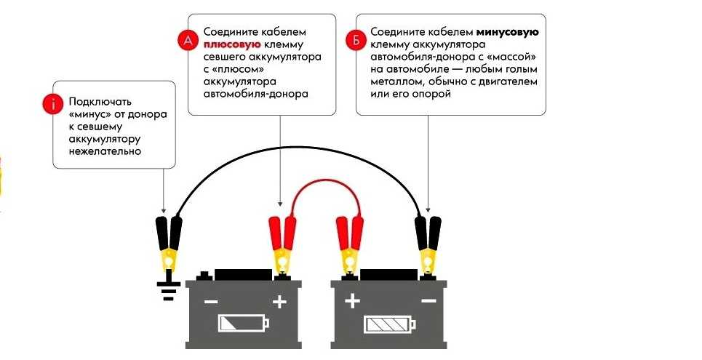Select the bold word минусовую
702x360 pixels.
507,33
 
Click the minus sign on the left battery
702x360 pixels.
211,301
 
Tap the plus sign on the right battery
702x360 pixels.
352,301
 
